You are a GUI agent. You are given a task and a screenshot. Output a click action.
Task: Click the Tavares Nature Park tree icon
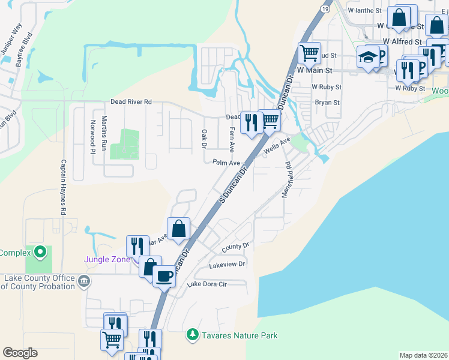click(192, 334)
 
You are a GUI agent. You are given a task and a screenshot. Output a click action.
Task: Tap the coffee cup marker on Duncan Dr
click(164, 276)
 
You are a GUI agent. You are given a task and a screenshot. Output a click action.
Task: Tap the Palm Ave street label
click(226, 163)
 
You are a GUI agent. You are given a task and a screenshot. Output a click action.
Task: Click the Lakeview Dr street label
click(227, 264)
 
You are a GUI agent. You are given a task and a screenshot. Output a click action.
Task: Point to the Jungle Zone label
click(106, 259)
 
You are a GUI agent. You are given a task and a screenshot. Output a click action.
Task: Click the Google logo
click(20, 353)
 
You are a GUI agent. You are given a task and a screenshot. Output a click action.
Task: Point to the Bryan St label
click(327, 103)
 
